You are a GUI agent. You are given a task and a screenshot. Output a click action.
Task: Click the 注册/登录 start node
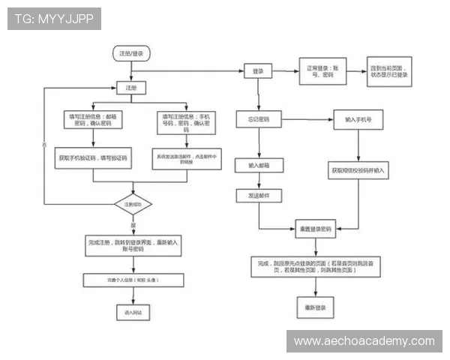[131, 53]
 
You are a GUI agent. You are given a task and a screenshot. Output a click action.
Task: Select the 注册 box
[131, 88]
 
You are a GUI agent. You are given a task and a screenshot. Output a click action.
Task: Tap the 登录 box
[259, 70]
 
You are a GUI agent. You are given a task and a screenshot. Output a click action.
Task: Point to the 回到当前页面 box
[389, 71]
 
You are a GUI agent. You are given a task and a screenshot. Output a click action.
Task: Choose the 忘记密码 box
[259, 119]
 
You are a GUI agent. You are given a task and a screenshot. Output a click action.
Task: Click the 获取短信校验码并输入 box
[358, 171]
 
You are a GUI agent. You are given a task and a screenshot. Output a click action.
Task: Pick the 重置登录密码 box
[316, 228]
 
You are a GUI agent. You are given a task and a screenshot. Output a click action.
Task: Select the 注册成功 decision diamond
[133, 203]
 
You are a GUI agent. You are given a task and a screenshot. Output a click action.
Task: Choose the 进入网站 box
[133, 310]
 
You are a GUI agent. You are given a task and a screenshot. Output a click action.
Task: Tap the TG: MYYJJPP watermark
[54, 19]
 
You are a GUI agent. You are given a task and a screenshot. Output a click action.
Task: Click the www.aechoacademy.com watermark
[364, 341]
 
